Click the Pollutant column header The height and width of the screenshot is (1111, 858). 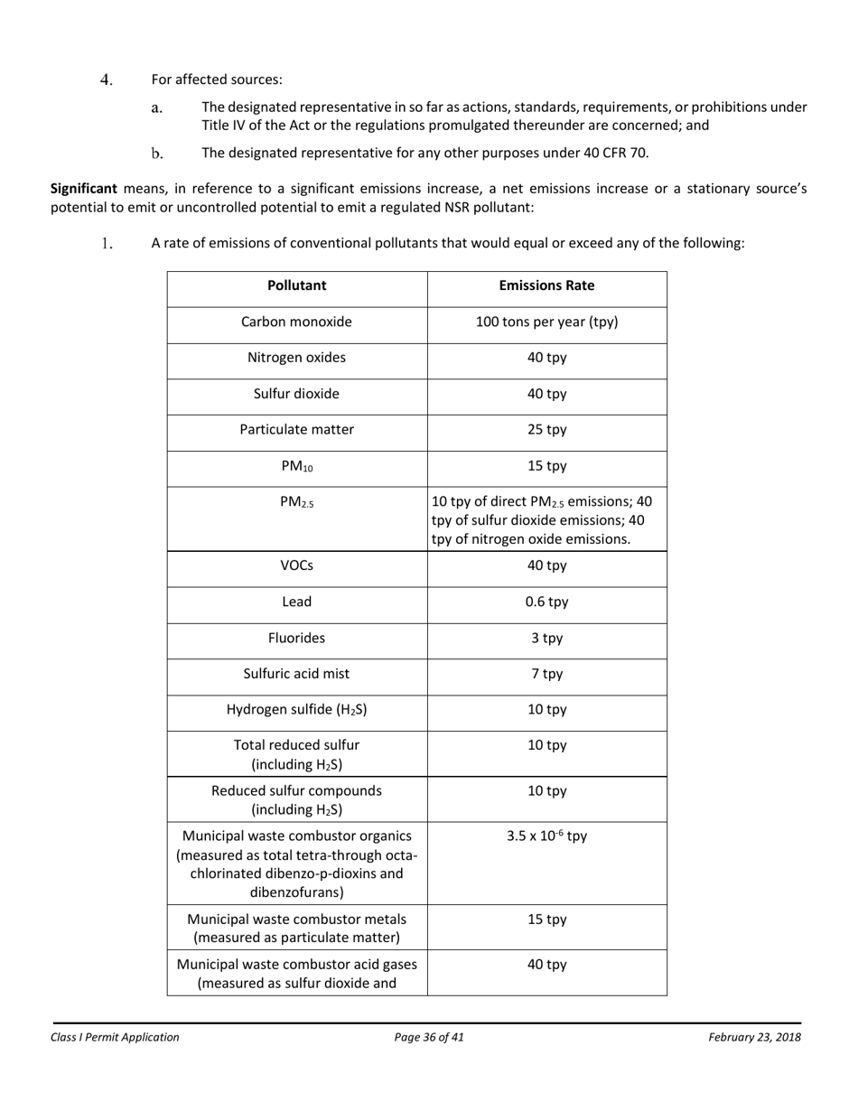click(296, 285)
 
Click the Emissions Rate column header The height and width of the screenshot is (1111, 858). click(546, 285)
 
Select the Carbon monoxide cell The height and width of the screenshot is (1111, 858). click(296, 322)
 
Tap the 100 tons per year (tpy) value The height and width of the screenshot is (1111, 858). click(546, 322)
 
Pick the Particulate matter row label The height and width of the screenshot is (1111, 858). click(296, 430)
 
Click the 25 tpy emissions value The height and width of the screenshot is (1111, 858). click(546, 430)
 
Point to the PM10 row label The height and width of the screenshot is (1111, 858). click(296, 467)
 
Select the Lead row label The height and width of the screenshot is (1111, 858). click(296, 602)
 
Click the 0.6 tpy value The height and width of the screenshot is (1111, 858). click(546, 602)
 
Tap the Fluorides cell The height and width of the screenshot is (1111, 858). click(296, 638)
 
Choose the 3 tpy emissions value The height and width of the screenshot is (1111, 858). click(546, 638)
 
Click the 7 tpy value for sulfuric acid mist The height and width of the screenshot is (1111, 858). click(546, 674)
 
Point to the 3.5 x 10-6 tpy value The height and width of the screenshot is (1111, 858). click(546, 836)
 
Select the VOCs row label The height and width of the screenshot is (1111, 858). click(296, 565)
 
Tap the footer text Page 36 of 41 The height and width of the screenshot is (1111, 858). click(429, 1037)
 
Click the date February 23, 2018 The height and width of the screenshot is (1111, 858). click(754, 1037)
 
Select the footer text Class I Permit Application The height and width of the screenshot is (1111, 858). click(115, 1037)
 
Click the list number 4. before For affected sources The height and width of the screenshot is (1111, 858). click(107, 79)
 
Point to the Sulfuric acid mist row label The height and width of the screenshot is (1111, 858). click(296, 674)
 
